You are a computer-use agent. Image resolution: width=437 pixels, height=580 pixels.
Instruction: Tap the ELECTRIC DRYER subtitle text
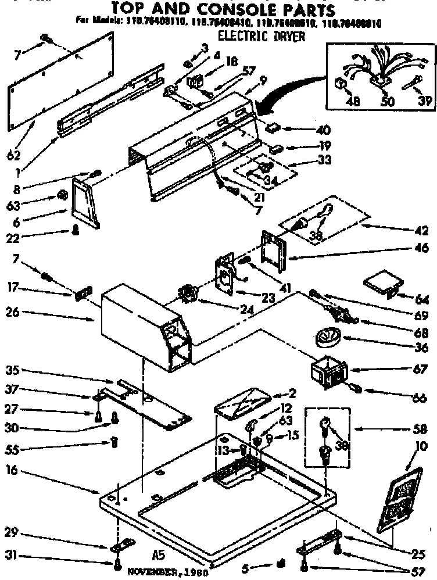(x=262, y=36)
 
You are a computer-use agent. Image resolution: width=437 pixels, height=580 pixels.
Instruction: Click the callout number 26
(x=13, y=312)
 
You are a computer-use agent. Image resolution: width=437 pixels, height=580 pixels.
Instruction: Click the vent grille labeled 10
(x=400, y=499)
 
